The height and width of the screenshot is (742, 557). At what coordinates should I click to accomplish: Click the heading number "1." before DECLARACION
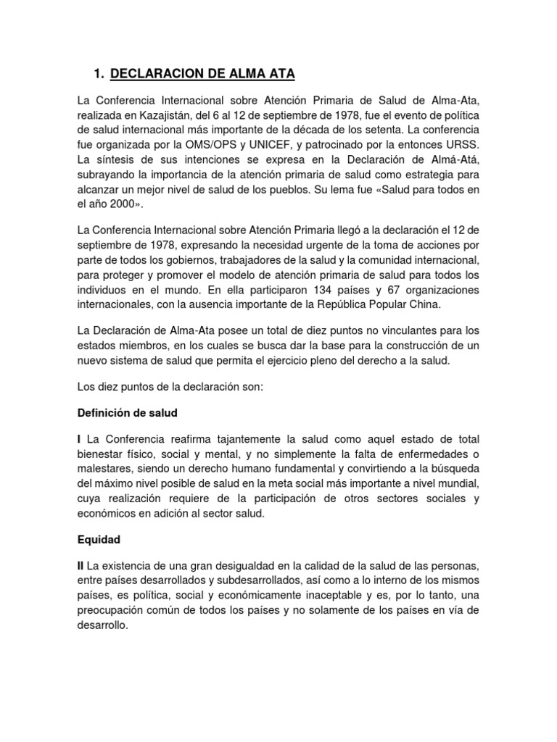tap(100, 73)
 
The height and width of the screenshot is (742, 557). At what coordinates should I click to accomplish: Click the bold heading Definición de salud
tap(127, 413)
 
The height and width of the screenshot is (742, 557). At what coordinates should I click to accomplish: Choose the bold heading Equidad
tap(99, 540)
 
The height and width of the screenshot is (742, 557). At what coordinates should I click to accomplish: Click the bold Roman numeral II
tap(81, 566)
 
